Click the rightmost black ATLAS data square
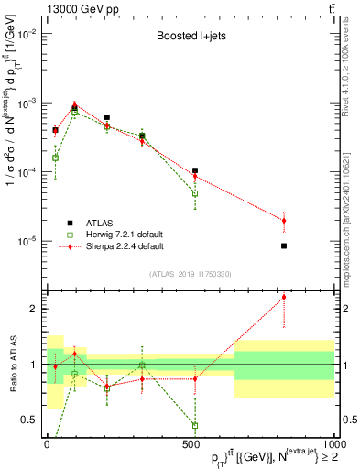pyautogui.click(x=284, y=245)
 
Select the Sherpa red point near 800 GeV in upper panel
pyautogui.click(x=284, y=221)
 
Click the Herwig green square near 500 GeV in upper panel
pyautogui.click(x=195, y=193)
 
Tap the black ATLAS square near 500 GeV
pyautogui.click(x=195, y=170)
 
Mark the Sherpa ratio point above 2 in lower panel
pyautogui.click(x=284, y=297)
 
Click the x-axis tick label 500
pyautogui.click(x=191, y=442)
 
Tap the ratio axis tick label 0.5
pyautogui.click(x=29, y=420)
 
